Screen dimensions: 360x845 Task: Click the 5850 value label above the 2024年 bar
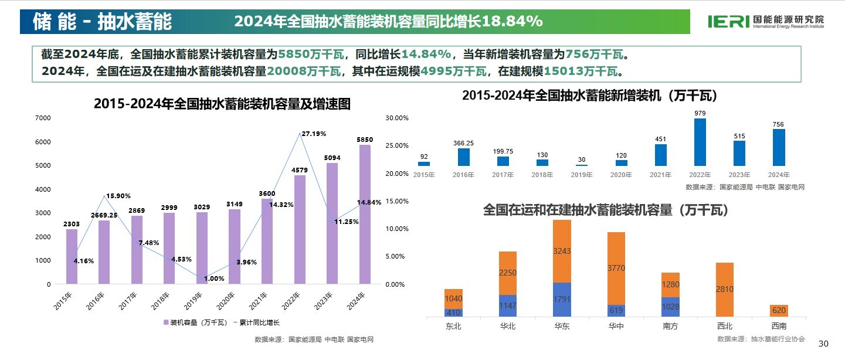[365, 140]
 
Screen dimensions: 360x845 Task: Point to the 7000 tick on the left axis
[43, 118]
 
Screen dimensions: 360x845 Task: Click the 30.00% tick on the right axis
[396, 118]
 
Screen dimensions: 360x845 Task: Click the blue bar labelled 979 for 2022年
[700, 142]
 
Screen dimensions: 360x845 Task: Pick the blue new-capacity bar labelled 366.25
[463, 157]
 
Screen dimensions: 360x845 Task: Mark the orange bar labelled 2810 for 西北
[724, 290]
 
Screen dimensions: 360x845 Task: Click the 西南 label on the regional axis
[779, 327]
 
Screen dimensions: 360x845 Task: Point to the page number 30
[823, 344]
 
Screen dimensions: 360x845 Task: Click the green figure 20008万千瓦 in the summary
[304, 72]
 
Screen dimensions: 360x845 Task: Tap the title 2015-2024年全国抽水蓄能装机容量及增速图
[222, 104]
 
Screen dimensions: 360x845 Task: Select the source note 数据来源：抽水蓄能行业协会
[761, 339]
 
